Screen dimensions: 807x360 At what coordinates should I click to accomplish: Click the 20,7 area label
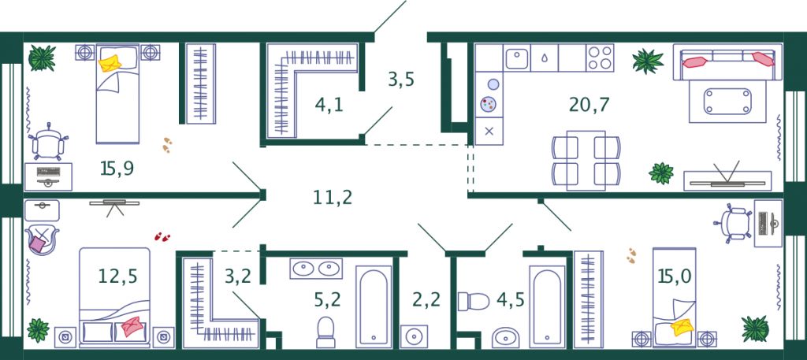pos(589,106)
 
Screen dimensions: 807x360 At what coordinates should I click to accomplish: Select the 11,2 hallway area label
pos(333,196)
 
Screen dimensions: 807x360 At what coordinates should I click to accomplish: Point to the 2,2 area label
pos(426,299)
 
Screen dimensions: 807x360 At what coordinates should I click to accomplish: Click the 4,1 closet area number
pos(329,106)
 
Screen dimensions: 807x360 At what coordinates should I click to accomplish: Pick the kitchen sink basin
pos(517,57)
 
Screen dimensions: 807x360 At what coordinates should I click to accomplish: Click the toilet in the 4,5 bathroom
pos(474,301)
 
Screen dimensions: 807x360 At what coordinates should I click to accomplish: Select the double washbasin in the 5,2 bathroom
pos(315,269)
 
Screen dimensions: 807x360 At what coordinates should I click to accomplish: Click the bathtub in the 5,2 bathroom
pos(374,306)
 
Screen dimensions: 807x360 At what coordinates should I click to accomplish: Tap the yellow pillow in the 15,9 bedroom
pos(110,63)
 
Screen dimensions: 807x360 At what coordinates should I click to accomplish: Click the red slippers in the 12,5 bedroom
pos(162,236)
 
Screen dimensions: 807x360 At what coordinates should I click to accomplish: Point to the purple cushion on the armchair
pos(37,243)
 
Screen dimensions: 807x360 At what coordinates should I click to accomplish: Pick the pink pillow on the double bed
pos(132,327)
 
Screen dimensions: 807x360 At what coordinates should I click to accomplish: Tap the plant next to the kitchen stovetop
pos(648,61)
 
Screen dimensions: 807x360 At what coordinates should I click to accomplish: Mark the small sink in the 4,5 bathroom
pos(506,338)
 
